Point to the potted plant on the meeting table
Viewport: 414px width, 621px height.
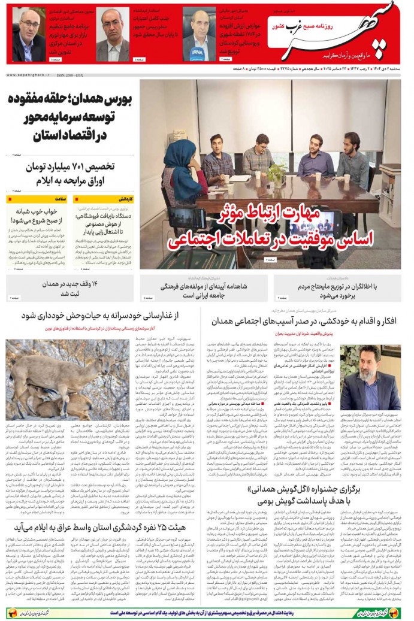tap(276, 173)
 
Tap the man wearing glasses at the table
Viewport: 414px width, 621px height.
tap(258, 159)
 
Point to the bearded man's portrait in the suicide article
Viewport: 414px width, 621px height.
tap(378, 378)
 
